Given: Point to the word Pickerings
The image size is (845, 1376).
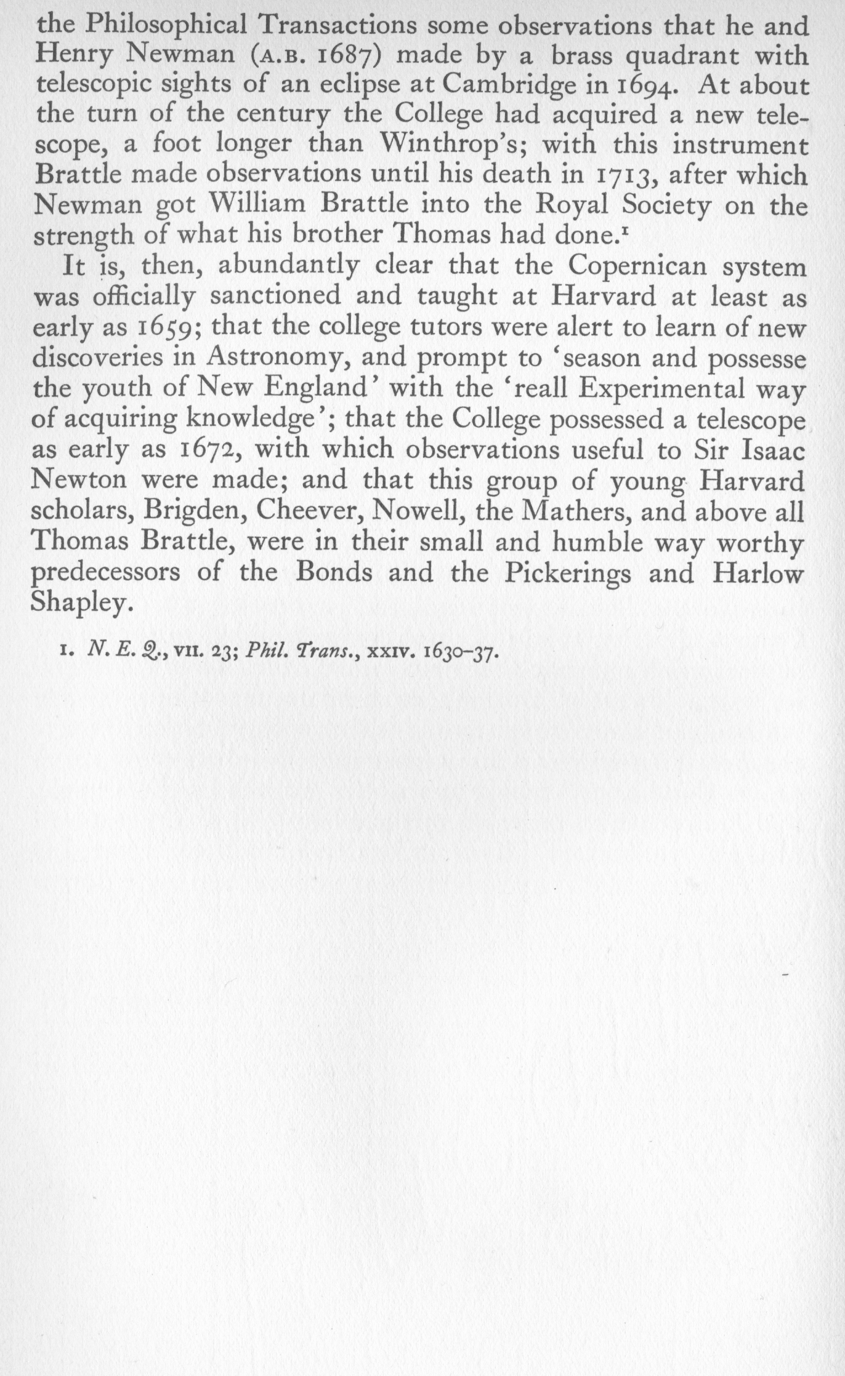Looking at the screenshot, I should pyautogui.click(x=567, y=574).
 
